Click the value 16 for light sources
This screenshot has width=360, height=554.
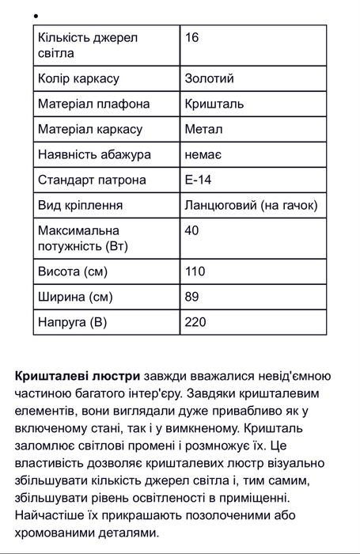point(191,37)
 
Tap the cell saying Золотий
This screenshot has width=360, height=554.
point(209,79)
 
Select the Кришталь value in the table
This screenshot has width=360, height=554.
point(214,104)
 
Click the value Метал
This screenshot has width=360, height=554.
point(203,130)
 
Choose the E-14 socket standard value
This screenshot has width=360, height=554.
point(198,180)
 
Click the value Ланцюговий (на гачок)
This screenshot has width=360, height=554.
point(251,206)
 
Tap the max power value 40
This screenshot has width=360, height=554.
point(191,230)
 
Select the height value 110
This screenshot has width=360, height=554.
point(195,271)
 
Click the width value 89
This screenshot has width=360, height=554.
point(191,297)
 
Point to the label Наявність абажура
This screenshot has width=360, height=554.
point(94,155)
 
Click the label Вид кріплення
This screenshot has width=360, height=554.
point(80,206)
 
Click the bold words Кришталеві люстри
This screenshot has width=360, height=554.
point(78,375)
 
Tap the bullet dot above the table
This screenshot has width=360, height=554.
point(37,15)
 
